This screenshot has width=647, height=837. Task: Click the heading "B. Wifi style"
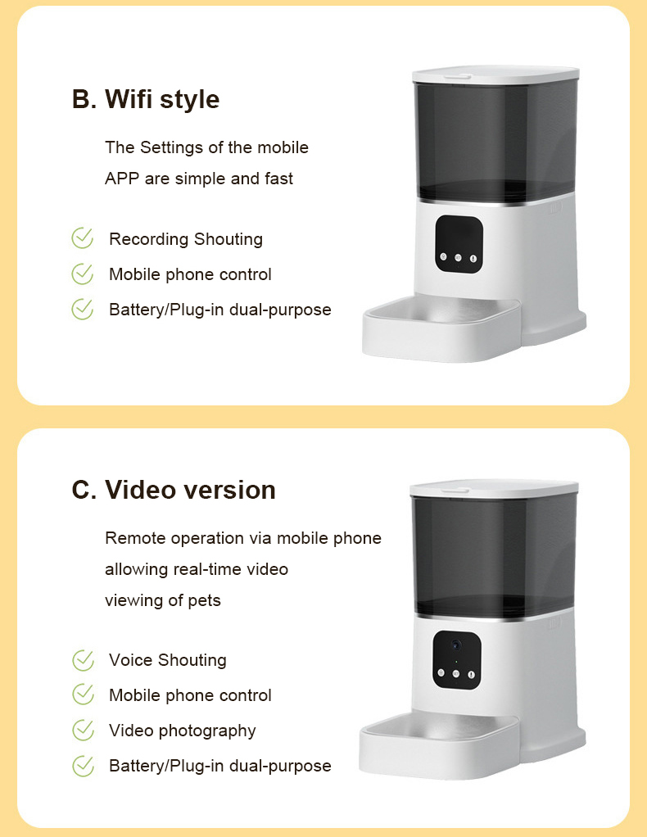point(146,100)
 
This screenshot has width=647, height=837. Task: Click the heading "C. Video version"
point(174,490)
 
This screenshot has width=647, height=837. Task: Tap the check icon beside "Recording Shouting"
point(82,238)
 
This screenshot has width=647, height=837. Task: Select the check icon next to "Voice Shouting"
point(83,660)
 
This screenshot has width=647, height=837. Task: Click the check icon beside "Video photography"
point(83,731)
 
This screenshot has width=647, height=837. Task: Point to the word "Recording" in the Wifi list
point(149,240)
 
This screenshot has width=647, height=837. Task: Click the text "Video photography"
point(183,731)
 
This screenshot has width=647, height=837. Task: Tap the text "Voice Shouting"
point(168,661)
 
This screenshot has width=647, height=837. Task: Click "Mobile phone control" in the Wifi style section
point(190,274)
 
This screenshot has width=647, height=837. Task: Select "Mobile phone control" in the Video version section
point(190,695)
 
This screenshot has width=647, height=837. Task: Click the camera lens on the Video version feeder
point(456,645)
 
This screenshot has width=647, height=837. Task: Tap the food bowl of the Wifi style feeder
point(441,330)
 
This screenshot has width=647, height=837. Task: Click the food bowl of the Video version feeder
point(439,746)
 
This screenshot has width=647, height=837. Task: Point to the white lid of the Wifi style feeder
point(495,75)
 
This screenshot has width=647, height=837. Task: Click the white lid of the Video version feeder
point(494,488)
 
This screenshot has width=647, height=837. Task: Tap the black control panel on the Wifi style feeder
point(459,244)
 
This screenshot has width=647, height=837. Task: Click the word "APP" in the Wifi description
point(122,179)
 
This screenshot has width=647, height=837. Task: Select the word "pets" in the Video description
point(204,601)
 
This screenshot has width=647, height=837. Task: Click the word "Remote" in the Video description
point(136,538)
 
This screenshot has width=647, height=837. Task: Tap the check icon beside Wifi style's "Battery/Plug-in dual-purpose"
point(82,309)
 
